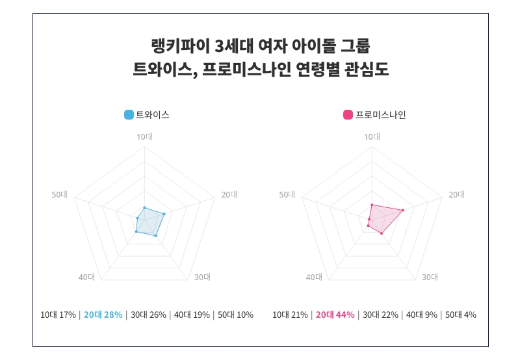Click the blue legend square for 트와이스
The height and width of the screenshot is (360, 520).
(129, 115)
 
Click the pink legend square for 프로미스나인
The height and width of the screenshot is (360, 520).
(348, 115)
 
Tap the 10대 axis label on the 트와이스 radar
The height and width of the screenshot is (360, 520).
(144, 136)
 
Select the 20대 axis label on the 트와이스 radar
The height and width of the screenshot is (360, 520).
(229, 194)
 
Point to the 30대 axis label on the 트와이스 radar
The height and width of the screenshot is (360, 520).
(202, 277)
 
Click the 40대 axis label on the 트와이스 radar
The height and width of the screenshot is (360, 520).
(86, 277)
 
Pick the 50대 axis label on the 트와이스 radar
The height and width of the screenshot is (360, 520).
(60, 194)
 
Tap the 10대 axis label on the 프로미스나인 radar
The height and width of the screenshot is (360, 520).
(372, 136)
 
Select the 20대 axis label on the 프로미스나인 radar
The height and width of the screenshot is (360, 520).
(457, 194)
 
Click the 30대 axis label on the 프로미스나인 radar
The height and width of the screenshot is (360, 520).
(430, 277)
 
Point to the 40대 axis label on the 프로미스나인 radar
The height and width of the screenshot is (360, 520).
(314, 277)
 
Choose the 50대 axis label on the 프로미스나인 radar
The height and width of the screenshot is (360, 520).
(287, 194)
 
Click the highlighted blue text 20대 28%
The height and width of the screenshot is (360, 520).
(103, 315)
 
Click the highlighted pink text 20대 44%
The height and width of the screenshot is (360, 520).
(335, 315)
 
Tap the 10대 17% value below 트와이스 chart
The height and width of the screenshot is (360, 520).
(58, 315)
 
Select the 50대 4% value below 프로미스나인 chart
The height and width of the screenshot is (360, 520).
(460, 315)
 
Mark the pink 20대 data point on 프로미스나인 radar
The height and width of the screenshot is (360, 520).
(403, 210)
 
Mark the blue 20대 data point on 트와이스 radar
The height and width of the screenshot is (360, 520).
(164, 214)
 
